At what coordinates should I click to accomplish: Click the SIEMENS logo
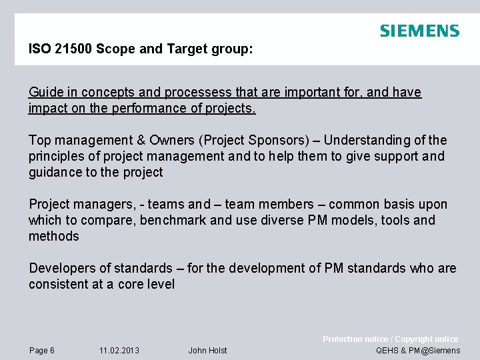coord(419,31)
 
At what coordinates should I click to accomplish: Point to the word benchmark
coord(173,220)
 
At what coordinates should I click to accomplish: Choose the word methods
coord(53,236)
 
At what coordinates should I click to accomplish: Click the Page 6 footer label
coord(42,351)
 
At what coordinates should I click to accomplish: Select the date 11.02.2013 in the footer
coord(119,351)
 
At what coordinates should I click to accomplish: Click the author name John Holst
coord(207,351)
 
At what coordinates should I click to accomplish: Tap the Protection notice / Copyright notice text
coord(390,339)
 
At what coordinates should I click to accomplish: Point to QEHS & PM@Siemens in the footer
coord(418,351)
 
